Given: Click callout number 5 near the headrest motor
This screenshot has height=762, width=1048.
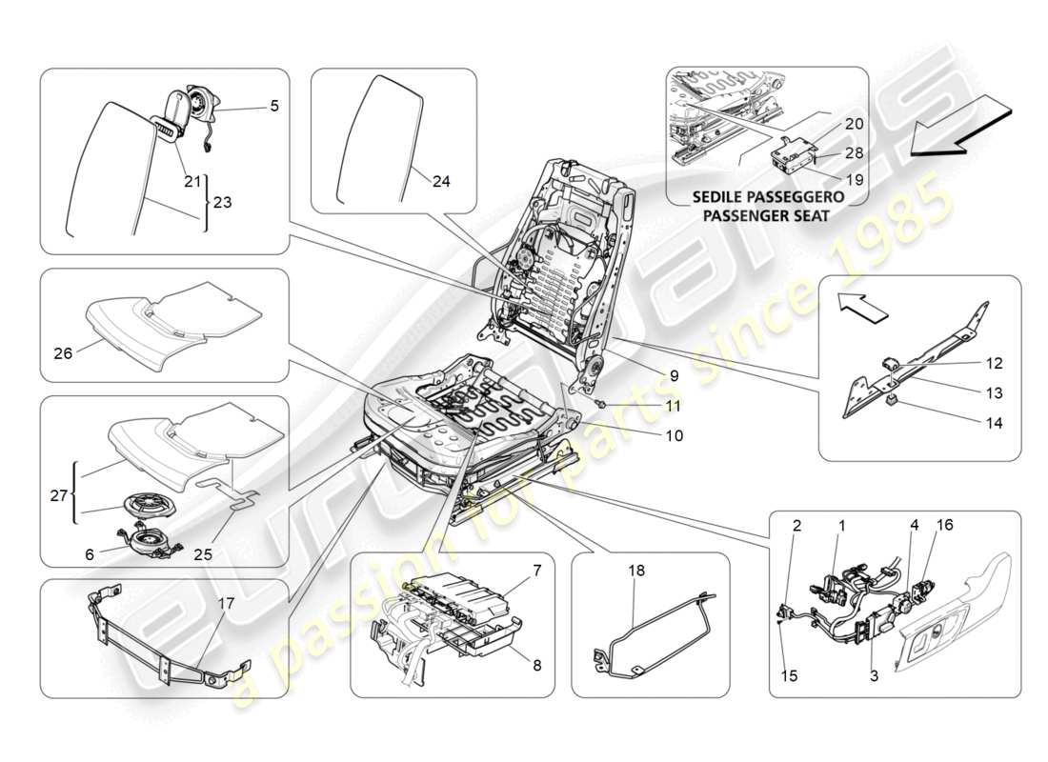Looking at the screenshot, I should point(274,107).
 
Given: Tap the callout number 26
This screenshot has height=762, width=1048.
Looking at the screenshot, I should point(64,352).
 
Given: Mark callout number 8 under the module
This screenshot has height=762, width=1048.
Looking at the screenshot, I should point(536,666).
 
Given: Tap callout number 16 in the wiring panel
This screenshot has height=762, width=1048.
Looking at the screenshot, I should point(944,525).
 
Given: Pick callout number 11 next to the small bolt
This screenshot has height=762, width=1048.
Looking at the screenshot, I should point(674,405).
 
